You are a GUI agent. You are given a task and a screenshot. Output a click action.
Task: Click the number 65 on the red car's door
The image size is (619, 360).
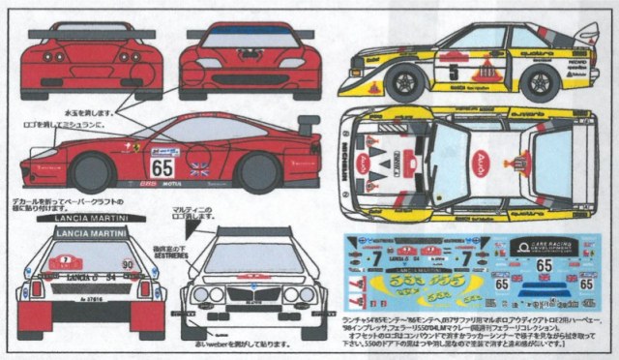coord(162,165)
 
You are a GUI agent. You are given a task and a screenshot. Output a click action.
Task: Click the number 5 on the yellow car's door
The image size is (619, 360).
coord(454,70)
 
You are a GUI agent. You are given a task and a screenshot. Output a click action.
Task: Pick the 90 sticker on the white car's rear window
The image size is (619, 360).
coord(127,262)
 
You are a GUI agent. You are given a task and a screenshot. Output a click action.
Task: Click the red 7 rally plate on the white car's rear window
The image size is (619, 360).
coord(66,260)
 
